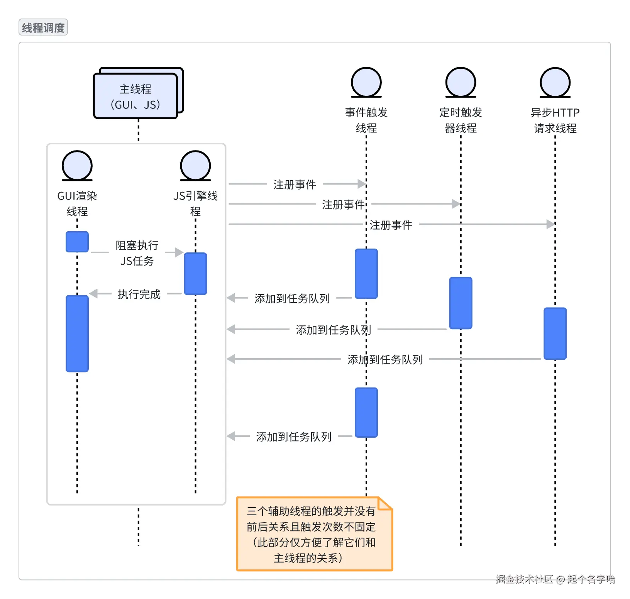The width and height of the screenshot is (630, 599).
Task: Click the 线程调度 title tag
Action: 43,27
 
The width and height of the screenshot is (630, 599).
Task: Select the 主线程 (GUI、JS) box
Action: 135,96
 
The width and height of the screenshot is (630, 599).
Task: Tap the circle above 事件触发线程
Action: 366,82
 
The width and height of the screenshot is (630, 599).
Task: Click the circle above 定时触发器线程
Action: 461,82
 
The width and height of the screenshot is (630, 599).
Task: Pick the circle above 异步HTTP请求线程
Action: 555,82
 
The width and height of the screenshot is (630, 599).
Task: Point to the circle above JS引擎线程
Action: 195,165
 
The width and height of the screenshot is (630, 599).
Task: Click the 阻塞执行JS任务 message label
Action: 137,253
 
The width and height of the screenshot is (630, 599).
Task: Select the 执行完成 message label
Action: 139,294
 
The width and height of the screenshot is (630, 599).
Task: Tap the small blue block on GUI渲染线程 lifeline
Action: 77,242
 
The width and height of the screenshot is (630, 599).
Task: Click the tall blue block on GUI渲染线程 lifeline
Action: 77,333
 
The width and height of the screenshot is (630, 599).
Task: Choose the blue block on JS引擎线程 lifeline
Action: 195,274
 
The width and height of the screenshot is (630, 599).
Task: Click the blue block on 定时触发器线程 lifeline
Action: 461,303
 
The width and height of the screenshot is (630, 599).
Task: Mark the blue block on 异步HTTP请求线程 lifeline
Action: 555,333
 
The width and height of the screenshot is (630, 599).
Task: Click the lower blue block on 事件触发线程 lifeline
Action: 366,412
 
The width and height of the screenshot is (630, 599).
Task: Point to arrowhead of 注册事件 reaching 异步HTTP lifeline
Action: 550,224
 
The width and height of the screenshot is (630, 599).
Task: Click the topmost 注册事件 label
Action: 295,184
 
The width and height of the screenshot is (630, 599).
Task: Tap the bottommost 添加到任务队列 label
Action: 294,437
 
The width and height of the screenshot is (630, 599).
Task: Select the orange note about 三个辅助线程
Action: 314,534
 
